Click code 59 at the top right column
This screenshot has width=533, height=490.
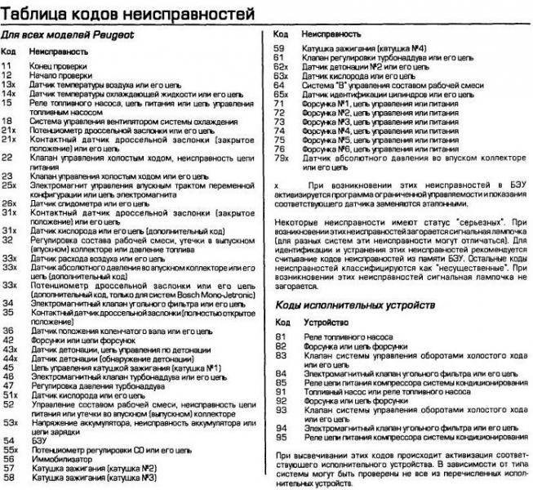pos(278,49)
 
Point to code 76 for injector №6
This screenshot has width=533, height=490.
pos(278,149)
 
